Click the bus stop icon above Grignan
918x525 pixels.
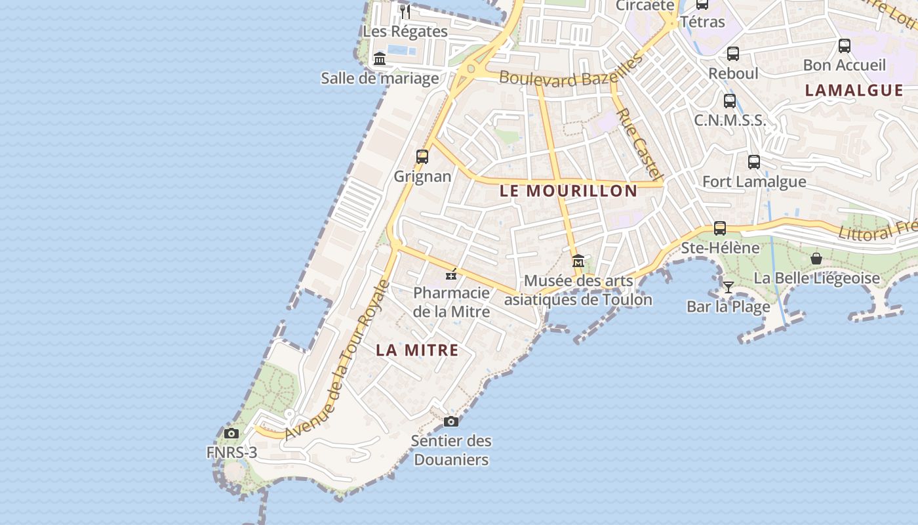click(422, 157)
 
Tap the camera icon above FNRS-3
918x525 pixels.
click(231, 433)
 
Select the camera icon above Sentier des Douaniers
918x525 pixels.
click(450, 421)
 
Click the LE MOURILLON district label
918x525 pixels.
click(568, 191)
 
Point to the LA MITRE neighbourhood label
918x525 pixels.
click(417, 350)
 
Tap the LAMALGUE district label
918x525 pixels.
click(854, 91)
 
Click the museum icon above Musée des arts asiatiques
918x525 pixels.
click(578, 261)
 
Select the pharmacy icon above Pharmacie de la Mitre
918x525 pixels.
click(451, 274)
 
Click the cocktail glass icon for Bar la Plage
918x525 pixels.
click(728, 287)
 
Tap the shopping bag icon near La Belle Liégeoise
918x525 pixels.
click(816, 259)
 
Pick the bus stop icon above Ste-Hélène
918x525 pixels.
click(720, 228)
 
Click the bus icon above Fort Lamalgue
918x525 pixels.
click(754, 161)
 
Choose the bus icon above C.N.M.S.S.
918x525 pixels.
click(730, 101)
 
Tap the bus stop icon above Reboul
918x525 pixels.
click(733, 54)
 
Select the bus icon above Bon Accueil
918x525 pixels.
click(845, 46)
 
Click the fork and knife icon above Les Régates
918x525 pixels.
click(405, 11)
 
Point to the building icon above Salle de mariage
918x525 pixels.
click(380, 59)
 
